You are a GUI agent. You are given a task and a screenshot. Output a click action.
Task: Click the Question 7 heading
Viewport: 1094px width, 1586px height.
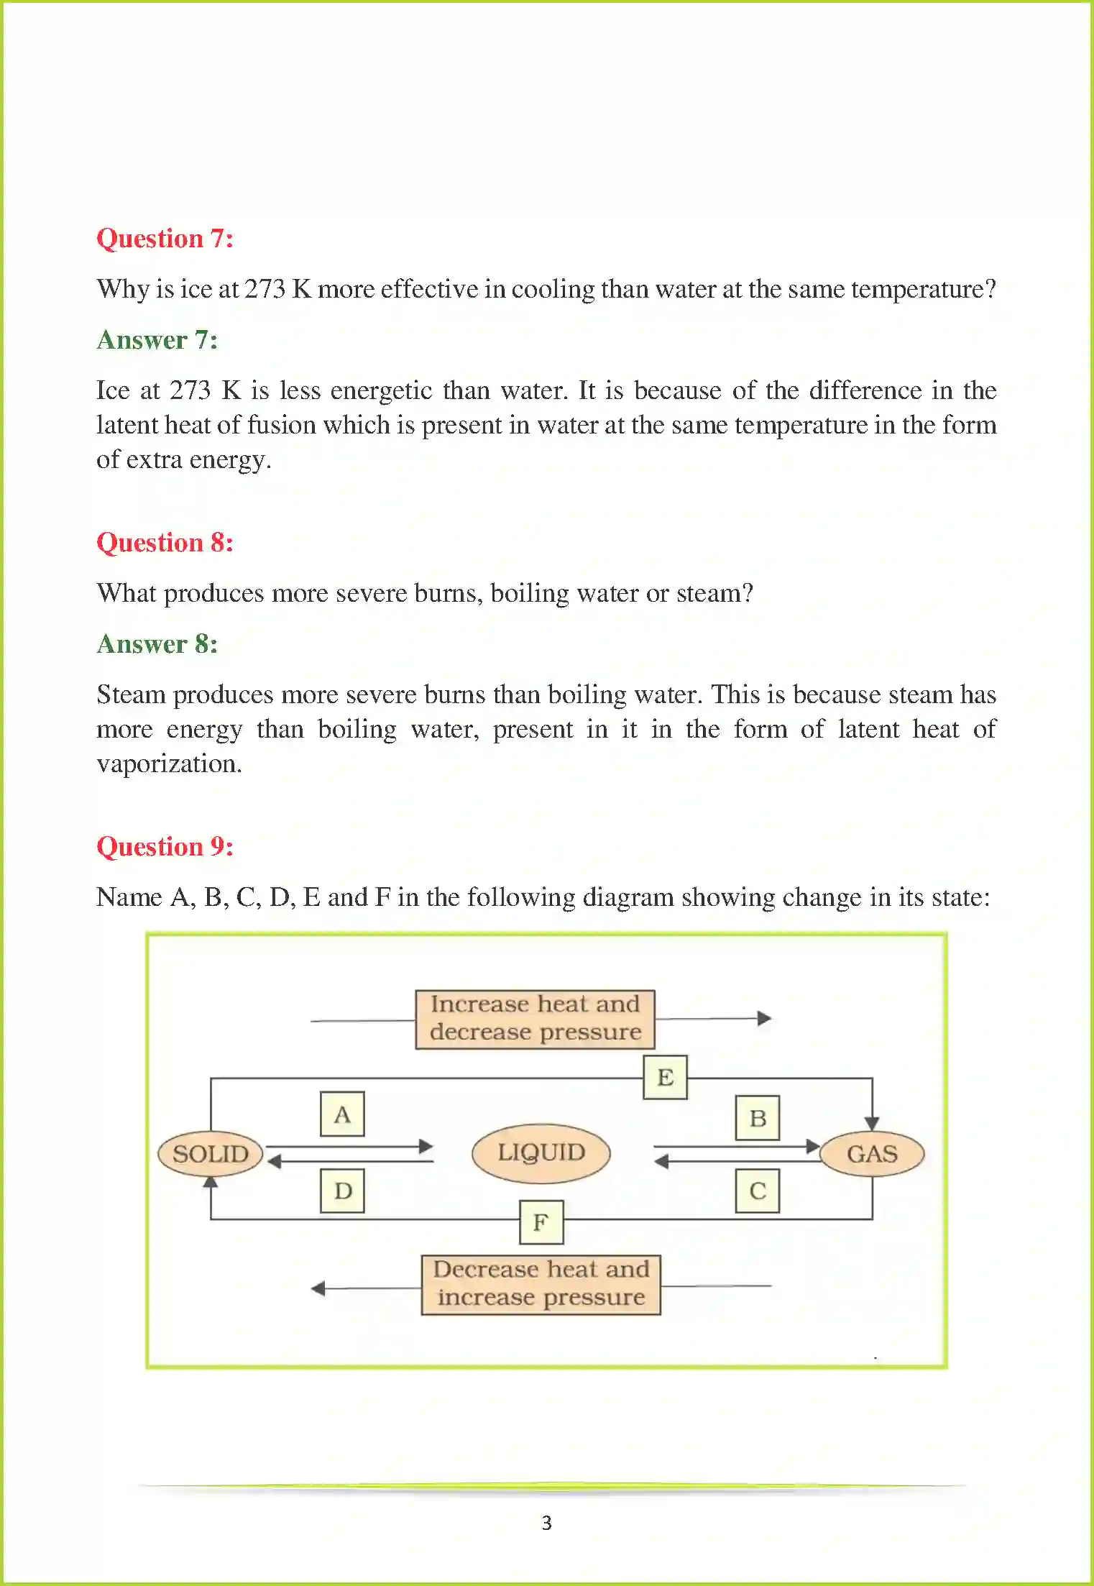[x=165, y=239]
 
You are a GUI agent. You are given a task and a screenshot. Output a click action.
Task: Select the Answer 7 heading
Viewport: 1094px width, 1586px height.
[x=157, y=340]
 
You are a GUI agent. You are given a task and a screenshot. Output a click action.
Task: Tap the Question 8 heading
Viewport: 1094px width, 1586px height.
[x=165, y=543]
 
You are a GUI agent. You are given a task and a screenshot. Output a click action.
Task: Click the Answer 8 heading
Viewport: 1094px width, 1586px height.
[x=157, y=644]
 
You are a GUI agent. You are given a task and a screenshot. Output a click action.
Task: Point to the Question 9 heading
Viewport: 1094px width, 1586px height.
[x=165, y=847]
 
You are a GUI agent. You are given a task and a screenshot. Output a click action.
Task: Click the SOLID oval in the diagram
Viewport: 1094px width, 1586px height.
[x=211, y=1154]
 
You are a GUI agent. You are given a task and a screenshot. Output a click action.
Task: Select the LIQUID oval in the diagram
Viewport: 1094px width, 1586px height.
[x=541, y=1152]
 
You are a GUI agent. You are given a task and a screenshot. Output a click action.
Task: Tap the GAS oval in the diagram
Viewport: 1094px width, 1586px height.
[x=872, y=1154]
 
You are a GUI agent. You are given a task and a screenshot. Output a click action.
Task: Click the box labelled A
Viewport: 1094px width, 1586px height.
[x=342, y=1114]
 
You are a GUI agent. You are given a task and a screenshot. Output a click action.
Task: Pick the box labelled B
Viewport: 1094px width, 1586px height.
[x=758, y=1118]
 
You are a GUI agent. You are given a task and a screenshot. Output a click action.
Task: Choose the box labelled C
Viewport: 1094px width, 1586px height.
[x=758, y=1191]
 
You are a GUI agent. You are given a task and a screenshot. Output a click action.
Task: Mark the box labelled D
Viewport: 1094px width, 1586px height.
[x=342, y=1191]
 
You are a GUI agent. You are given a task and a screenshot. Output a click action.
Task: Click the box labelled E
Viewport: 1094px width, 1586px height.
[x=665, y=1077]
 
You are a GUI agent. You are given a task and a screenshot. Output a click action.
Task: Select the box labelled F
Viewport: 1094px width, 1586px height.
[x=541, y=1221]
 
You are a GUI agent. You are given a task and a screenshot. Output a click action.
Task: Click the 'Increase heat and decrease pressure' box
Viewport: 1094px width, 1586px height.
[x=535, y=1019]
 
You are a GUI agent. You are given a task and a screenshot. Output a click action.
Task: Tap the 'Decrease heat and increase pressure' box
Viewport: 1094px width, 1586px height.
[x=541, y=1284]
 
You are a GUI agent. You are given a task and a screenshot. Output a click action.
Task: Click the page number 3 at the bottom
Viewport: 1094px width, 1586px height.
[x=547, y=1523]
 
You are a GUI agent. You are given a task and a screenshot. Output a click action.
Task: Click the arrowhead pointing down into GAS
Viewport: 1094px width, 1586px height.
[x=872, y=1124]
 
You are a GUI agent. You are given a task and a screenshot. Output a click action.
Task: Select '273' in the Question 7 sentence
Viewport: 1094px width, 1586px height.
[x=265, y=289]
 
